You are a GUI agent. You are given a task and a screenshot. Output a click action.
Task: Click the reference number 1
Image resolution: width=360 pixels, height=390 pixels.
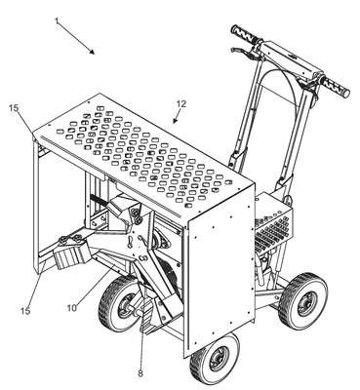(x=57, y=20)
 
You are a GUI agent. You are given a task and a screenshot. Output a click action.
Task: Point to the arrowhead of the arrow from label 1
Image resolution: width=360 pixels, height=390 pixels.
(x=92, y=52)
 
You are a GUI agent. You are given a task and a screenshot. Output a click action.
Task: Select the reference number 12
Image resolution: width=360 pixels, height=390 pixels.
(x=181, y=104)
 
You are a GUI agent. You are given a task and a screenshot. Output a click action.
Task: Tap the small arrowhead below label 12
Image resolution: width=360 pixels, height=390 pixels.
(x=176, y=121)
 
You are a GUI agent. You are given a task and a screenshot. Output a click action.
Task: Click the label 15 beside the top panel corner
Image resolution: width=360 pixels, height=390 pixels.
(x=14, y=108)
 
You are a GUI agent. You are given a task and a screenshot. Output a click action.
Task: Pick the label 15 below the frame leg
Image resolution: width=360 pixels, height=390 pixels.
(x=25, y=311)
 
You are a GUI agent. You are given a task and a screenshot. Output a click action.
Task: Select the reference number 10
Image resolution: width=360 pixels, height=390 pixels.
(x=72, y=308)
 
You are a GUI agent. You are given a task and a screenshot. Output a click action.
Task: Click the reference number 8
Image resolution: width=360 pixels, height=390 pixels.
(x=140, y=373)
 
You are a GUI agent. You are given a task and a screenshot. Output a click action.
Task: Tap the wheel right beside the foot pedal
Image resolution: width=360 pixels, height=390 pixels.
(x=119, y=304)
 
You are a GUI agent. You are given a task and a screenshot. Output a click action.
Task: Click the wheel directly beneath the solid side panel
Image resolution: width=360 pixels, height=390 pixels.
(x=215, y=359)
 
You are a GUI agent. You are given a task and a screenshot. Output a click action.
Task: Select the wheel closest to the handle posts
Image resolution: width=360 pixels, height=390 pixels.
(x=302, y=301)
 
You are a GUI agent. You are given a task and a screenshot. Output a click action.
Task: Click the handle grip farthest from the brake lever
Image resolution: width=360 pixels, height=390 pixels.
(x=335, y=86)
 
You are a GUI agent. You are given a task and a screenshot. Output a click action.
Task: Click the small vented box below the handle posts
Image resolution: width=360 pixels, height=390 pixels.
(x=273, y=224)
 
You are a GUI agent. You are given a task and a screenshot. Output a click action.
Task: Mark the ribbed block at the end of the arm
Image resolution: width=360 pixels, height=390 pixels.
(x=71, y=255)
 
